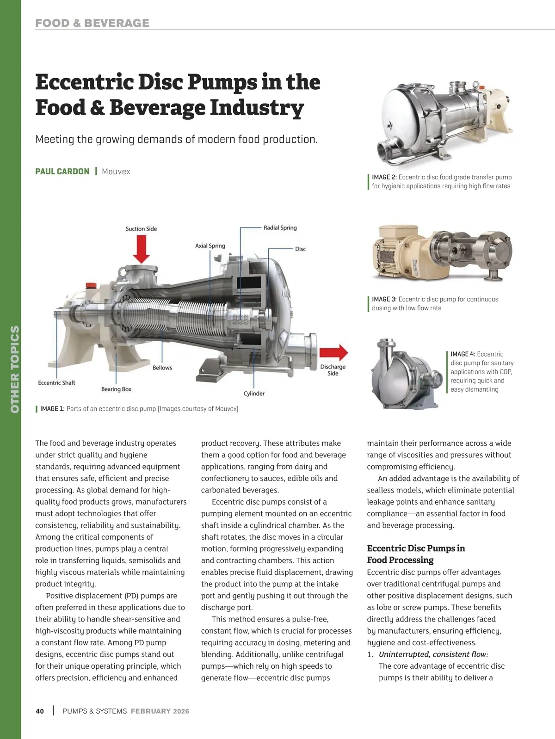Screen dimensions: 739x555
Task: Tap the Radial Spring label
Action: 280,228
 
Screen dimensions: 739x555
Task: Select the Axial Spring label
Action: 210,246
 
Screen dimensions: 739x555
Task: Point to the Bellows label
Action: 162,368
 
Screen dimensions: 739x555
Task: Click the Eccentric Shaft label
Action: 56,382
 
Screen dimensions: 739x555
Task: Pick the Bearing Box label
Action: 116,389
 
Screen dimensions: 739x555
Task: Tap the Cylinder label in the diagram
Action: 254,394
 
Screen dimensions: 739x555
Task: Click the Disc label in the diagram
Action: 300,249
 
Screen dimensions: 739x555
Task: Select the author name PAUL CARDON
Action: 62,172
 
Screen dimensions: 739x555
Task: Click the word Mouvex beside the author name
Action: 116,172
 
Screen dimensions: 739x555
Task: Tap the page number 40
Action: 40,711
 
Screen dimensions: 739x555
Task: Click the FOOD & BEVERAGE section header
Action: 92,23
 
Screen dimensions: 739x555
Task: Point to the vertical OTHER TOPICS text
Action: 15,369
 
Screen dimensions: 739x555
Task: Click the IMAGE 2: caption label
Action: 384,177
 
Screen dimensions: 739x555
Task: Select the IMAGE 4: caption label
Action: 463,354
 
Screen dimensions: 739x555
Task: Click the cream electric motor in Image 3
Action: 400,253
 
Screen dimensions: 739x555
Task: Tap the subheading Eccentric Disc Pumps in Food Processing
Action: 416,554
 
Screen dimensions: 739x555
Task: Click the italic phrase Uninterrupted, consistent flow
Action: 433,654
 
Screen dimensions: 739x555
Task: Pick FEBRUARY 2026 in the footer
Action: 160,711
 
